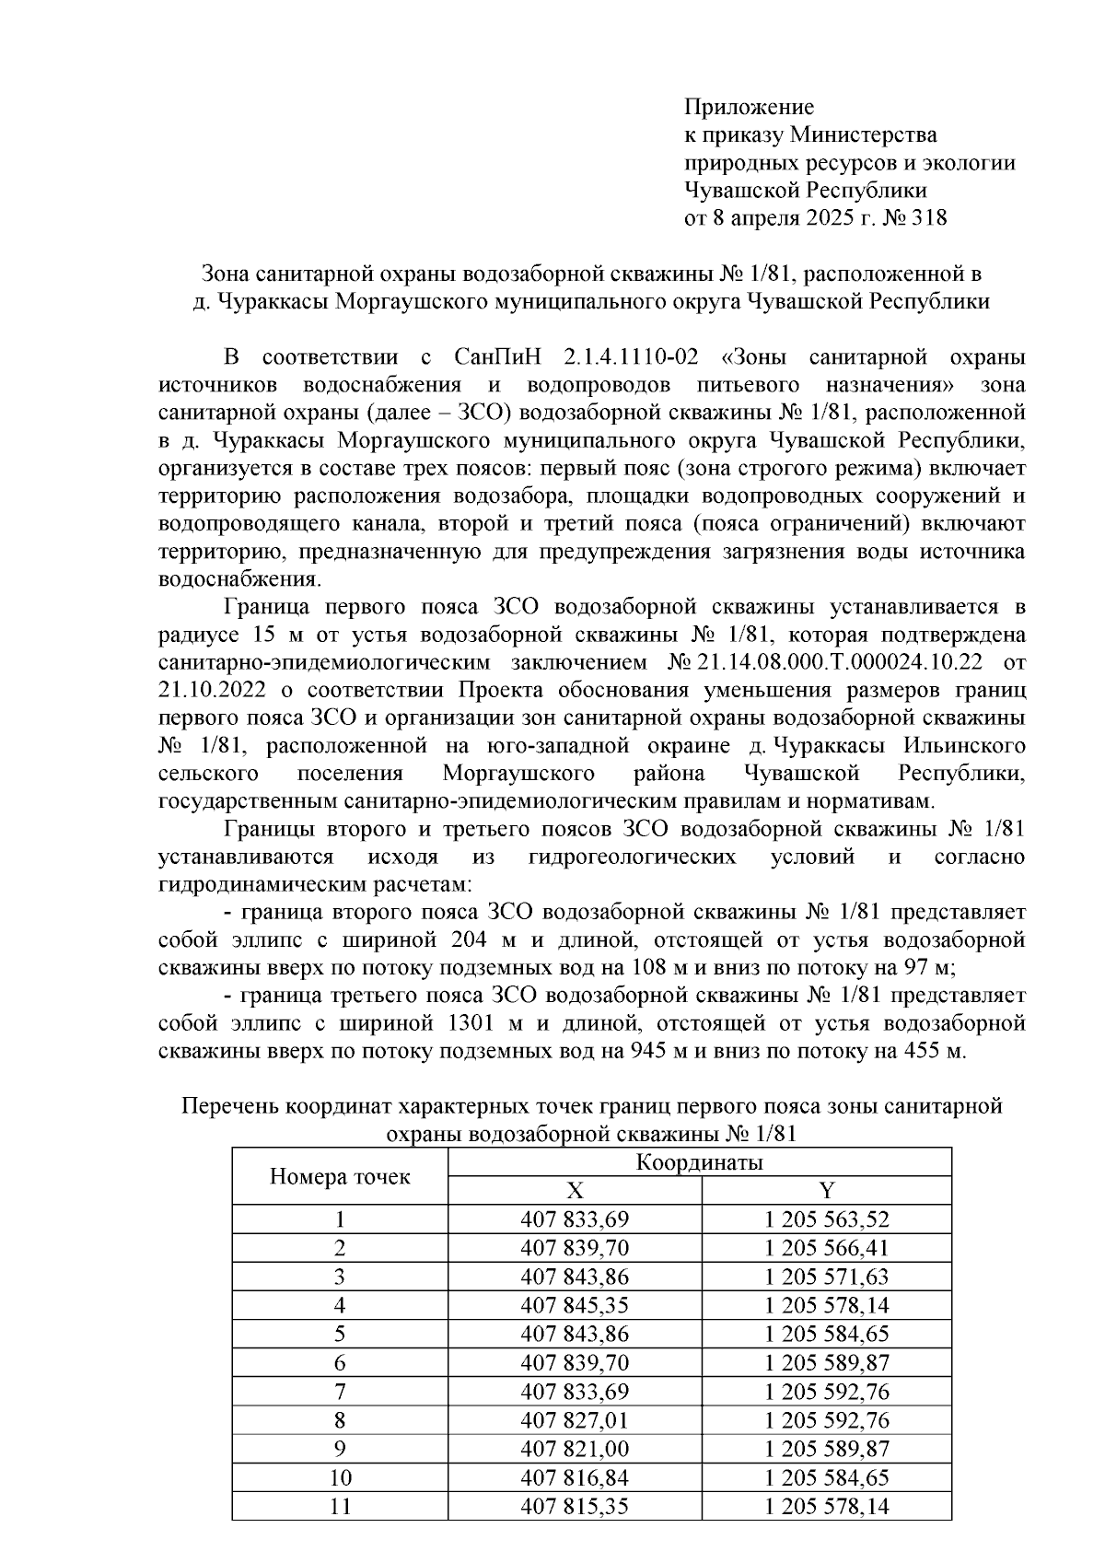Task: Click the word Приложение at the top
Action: (x=749, y=108)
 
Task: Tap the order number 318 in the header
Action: (x=929, y=218)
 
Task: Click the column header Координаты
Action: (x=699, y=1162)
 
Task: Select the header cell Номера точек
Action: (x=339, y=1176)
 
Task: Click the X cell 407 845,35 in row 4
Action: (x=574, y=1305)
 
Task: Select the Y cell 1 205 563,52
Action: (x=826, y=1220)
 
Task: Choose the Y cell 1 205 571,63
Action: (x=826, y=1277)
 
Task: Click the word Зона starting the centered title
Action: (x=225, y=274)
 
